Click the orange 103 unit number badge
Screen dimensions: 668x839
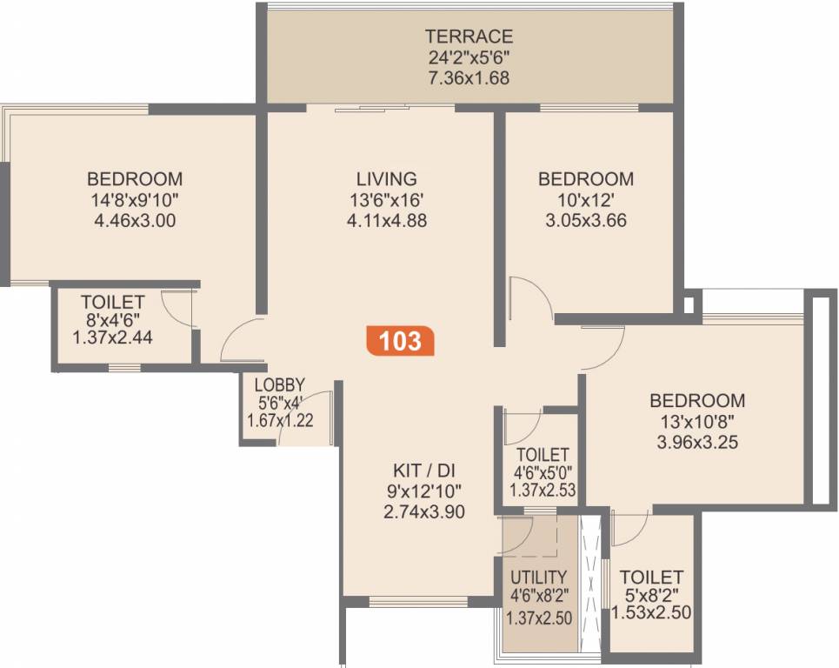pyautogui.click(x=401, y=340)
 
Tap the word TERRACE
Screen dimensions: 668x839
pyautogui.click(x=469, y=37)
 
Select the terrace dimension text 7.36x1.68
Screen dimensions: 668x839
pyautogui.click(x=469, y=78)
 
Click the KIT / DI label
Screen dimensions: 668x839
pyautogui.click(x=423, y=470)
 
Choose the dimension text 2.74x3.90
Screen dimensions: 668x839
pyautogui.click(x=423, y=511)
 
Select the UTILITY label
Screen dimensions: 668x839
pyautogui.click(x=539, y=577)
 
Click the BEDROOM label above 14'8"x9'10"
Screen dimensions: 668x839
pyautogui.click(x=135, y=179)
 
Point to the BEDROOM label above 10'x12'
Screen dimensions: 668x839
pyautogui.click(x=586, y=179)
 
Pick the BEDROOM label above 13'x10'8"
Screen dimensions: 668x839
pyautogui.click(x=697, y=401)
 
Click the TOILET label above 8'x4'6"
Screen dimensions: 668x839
pyautogui.click(x=113, y=302)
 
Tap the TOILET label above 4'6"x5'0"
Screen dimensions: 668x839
pyautogui.click(x=543, y=455)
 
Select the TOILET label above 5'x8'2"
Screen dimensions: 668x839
pyautogui.click(x=651, y=577)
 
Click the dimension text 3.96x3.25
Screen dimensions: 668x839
pyautogui.click(x=697, y=443)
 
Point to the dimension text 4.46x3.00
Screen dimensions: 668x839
pyautogui.click(x=135, y=221)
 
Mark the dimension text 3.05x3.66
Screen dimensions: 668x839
pyautogui.click(x=586, y=221)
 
